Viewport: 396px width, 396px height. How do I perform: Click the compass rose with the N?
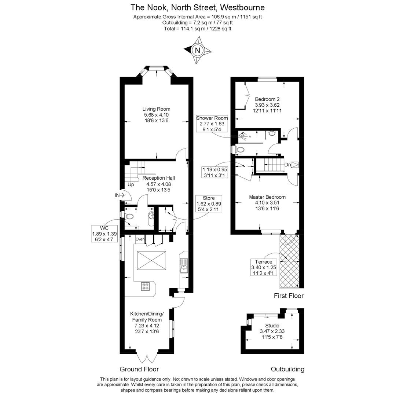pos(198,51)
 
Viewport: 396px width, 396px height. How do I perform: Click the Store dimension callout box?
pos(209,203)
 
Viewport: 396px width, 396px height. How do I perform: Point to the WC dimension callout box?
pos(104,234)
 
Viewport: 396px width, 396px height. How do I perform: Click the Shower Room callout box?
pos(212,124)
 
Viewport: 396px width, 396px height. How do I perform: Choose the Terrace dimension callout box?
pos(264,267)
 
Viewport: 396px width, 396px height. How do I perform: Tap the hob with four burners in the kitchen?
pos(146,286)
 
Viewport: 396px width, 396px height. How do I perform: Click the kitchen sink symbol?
pos(183,266)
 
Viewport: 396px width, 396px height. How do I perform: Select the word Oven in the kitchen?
pos(140,239)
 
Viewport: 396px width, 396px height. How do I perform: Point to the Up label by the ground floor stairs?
pos(131,184)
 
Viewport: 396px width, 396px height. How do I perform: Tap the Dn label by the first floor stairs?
pos(288,165)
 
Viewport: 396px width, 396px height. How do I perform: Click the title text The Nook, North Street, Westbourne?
pos(198,7)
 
